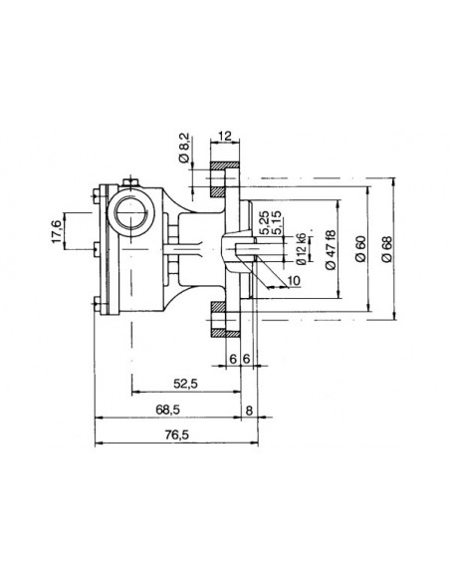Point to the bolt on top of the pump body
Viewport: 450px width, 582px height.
(129, 181)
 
